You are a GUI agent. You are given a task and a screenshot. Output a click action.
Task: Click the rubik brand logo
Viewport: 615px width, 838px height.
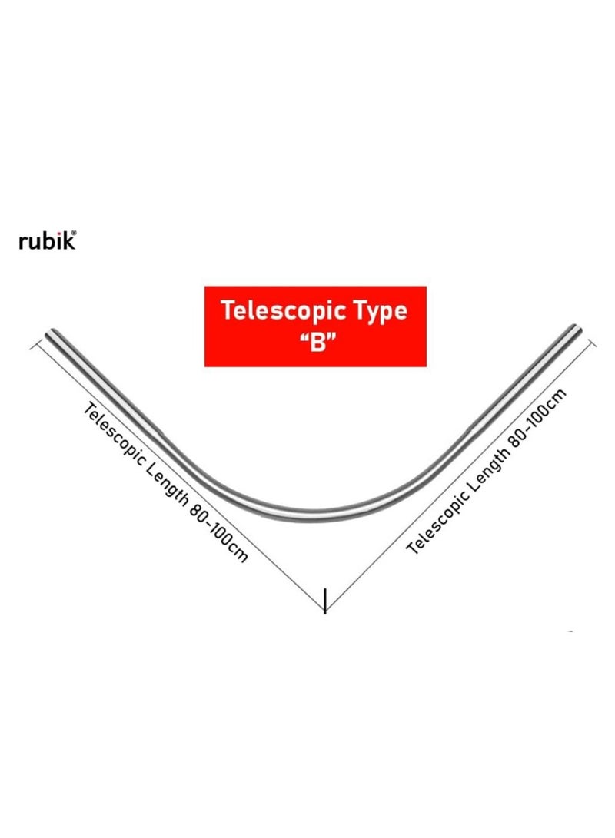click(x=47, y=240)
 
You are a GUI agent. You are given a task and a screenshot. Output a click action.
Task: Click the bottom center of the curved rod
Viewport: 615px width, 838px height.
click(x=314, y=515)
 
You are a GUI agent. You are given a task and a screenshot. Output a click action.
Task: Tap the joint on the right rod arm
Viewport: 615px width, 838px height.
click(x=471, y=427)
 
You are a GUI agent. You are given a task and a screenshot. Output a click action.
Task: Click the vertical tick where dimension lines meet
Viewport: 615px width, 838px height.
click(x=324, y=601)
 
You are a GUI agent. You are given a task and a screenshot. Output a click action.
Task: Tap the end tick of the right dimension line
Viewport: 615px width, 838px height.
click(x=592, y=343)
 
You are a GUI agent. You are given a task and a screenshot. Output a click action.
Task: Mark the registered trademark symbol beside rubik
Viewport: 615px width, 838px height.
click(x=74, y=233)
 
